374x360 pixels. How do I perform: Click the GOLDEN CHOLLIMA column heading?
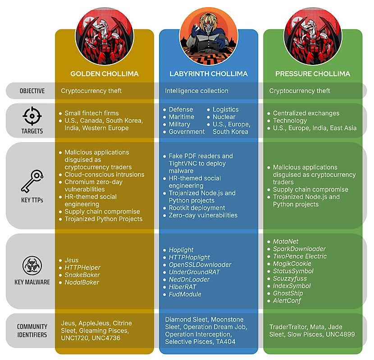point(105,74)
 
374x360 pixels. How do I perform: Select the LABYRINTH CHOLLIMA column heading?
point(208,74)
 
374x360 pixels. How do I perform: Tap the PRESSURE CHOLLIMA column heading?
point(313,74)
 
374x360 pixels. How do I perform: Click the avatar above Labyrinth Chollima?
point(208,35)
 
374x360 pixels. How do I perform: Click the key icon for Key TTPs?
point(32,182)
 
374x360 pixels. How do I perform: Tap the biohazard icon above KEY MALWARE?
point(32,266)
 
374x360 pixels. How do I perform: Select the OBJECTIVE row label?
point(32,91)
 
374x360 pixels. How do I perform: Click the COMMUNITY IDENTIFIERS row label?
point(32,331)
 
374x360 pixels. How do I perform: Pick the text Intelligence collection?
point(196,91)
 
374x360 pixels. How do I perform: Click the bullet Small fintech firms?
point(91,113)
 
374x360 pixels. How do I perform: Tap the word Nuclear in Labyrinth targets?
point(224,117)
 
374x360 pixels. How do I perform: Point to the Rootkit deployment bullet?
point(196,208)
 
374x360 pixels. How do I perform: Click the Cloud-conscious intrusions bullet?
point(104,175)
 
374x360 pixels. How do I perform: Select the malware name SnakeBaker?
point(82,275)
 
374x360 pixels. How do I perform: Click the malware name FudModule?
point(185,294)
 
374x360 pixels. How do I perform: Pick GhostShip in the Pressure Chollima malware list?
point(288,293)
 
